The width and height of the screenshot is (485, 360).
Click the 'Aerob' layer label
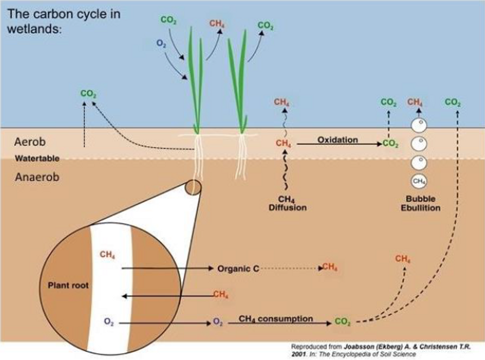30,142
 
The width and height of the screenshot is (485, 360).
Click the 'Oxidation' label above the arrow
337,139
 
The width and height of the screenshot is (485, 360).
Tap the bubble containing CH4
418,181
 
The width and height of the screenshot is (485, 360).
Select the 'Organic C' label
238,269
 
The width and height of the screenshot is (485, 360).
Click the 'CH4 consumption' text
276,319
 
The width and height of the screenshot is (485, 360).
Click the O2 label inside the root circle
109,321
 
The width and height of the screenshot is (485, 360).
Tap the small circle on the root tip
193,187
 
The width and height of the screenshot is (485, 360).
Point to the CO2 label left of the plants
88,94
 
